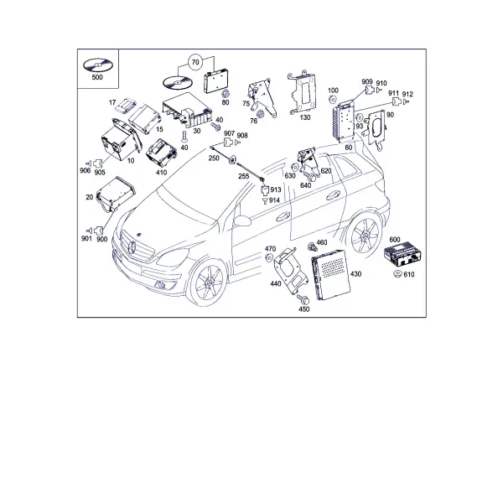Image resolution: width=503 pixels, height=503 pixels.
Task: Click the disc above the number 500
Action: point(98,65)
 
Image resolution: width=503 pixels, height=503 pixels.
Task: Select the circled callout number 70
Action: point(195,62)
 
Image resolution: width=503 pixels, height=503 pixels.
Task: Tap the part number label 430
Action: point(355,274)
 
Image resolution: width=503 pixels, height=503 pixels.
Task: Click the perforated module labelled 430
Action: point(331,275)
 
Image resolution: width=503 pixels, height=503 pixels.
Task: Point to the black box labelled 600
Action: point(402,255)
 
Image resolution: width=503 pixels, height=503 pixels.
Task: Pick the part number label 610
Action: point(409,274)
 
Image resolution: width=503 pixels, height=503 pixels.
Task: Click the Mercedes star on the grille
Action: point(132,247)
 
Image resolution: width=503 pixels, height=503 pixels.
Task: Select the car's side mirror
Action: point(243,220)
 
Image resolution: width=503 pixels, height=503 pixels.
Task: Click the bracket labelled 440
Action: point(290,270)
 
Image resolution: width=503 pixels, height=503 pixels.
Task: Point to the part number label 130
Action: point(305,117)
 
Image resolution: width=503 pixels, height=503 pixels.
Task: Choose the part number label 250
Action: point(214,158)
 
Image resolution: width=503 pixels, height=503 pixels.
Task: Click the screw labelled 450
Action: point(303,299)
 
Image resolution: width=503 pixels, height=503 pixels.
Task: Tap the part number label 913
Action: point(276,189)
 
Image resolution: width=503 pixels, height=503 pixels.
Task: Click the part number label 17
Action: point(112,102)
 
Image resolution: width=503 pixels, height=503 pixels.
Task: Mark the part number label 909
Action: point(367,82)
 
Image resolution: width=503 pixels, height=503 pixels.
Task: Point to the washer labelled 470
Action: point(269,257)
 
